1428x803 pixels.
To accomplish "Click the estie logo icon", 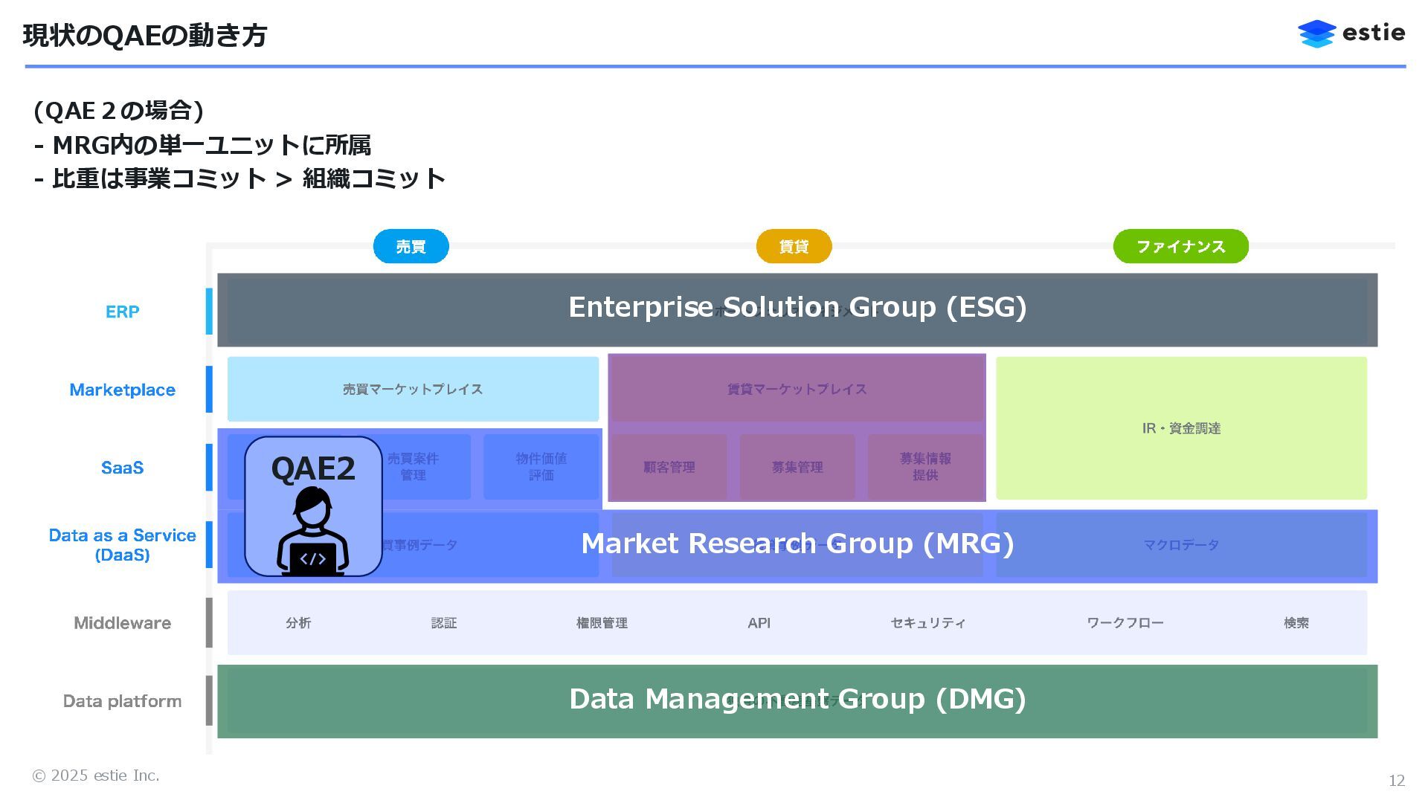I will pos(1316,34).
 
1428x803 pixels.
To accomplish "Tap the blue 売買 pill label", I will pos(411,246).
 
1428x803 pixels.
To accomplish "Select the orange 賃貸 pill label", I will pos(794,246).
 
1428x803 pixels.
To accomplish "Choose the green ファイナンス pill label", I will pos(1180,246).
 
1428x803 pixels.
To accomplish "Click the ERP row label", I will pos(122,312).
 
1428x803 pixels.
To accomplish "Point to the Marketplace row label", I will pos(122,390).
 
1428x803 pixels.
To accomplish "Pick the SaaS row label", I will pos(122,468).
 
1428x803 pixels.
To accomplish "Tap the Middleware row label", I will pos(122,623).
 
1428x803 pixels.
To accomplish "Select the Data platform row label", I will pos(122,701).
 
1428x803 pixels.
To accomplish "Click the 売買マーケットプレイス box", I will pos(413,389).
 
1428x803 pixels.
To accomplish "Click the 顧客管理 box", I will pos(669,467).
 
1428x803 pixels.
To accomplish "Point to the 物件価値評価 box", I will pos(541,467).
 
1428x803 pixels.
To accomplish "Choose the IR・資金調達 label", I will pos(1181,428).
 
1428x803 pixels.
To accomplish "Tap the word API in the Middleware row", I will pos(759,623).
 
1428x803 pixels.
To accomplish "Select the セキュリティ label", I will pos(927,623).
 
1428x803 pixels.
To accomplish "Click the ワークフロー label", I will pos(1125,623).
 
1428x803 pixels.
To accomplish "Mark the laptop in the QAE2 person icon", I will pos(313,559).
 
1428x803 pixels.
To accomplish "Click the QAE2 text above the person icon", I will pos(313,468).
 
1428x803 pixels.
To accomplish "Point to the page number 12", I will pos(1396,781).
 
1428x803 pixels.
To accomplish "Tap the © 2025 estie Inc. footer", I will pos(95,775).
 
